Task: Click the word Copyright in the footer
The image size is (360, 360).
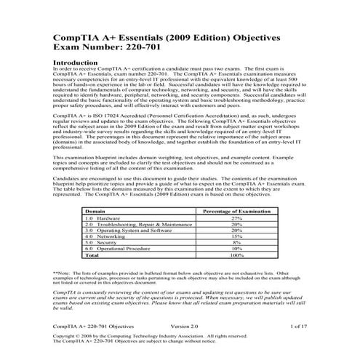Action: [66, 337]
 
